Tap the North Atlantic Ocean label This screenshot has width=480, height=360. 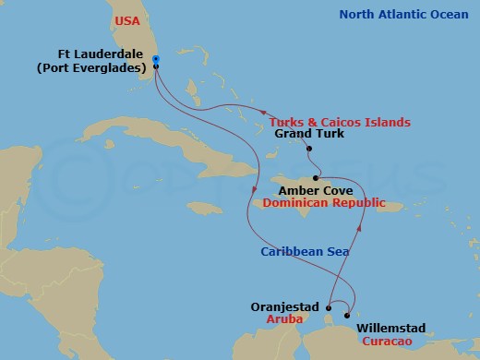click(x=403, y=14)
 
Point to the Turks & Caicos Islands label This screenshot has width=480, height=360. click(x=340, y=123)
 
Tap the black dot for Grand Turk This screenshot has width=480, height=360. click(x=310, y=149)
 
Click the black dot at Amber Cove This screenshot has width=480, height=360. click(x=317, y=178)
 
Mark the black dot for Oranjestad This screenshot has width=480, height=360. click(x=329, y=308)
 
